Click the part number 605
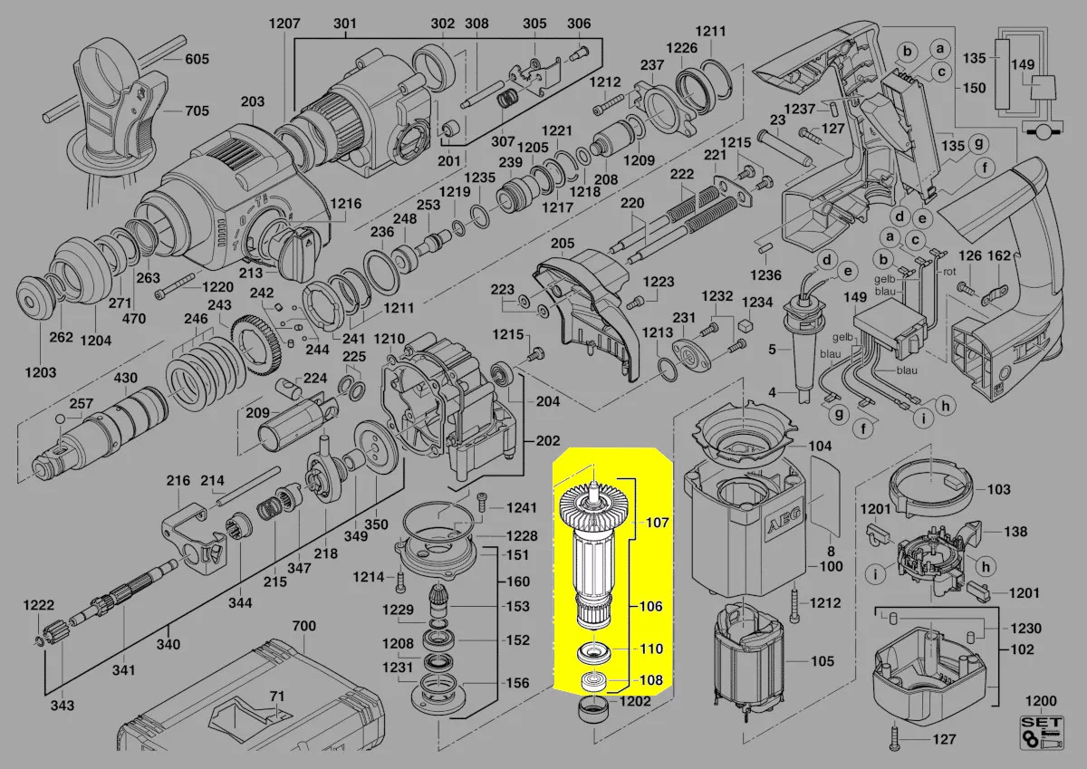pyautogui.click(x=197, y=60)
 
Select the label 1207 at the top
pyautogui.click(x=284, y=24)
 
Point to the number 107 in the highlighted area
pyautogui.click(x=656, y=523)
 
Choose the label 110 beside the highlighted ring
pyautogui.click(x=653, y=649)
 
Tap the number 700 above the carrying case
pyautogui.click(x=304, y=626)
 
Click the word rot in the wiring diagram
pyautogui.click(x=950, y=271)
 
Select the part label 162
pyautogui.click(x=997, y=256)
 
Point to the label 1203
pyautogui.click(x=40, y=372)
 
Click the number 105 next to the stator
pyautogui.click(x=822, y=661)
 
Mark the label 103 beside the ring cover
pyautogui.click(x=998, y=489)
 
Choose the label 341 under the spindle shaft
pyautogui.click(x=124, y=670)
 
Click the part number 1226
pyautogui.click(x=681, y=47)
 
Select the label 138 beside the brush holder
pyautogui.click(x=1016, y=532)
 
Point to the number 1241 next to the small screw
pyautogui.click(x=521, y=507)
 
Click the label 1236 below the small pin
pyautogui.click(x=766, y=274)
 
